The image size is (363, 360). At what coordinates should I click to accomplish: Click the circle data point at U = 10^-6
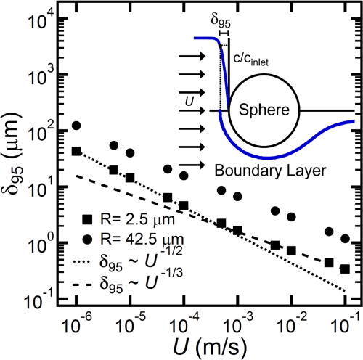point(76,125)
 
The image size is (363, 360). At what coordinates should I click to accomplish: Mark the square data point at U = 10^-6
point(76,151)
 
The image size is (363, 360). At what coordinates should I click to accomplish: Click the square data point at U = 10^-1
point(345,269)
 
